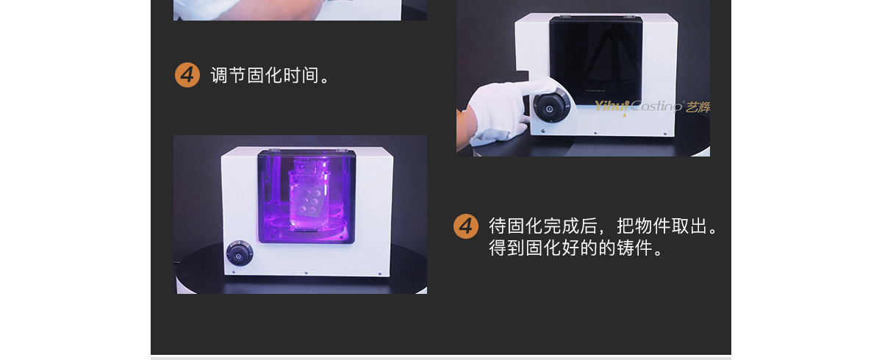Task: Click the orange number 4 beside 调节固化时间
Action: point(187,75)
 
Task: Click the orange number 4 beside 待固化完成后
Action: point(466,226)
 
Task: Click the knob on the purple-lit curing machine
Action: point(239,254)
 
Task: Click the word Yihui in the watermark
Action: point(612,107)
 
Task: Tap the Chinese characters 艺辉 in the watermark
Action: point(698,107)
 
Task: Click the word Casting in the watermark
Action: point(656,107)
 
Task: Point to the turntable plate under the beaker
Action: point(307,226)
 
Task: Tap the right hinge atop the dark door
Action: point(628,16)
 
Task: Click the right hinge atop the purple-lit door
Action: point(341,150)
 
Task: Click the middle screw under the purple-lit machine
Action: point(306,273)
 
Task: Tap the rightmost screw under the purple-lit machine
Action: point(379,273)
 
